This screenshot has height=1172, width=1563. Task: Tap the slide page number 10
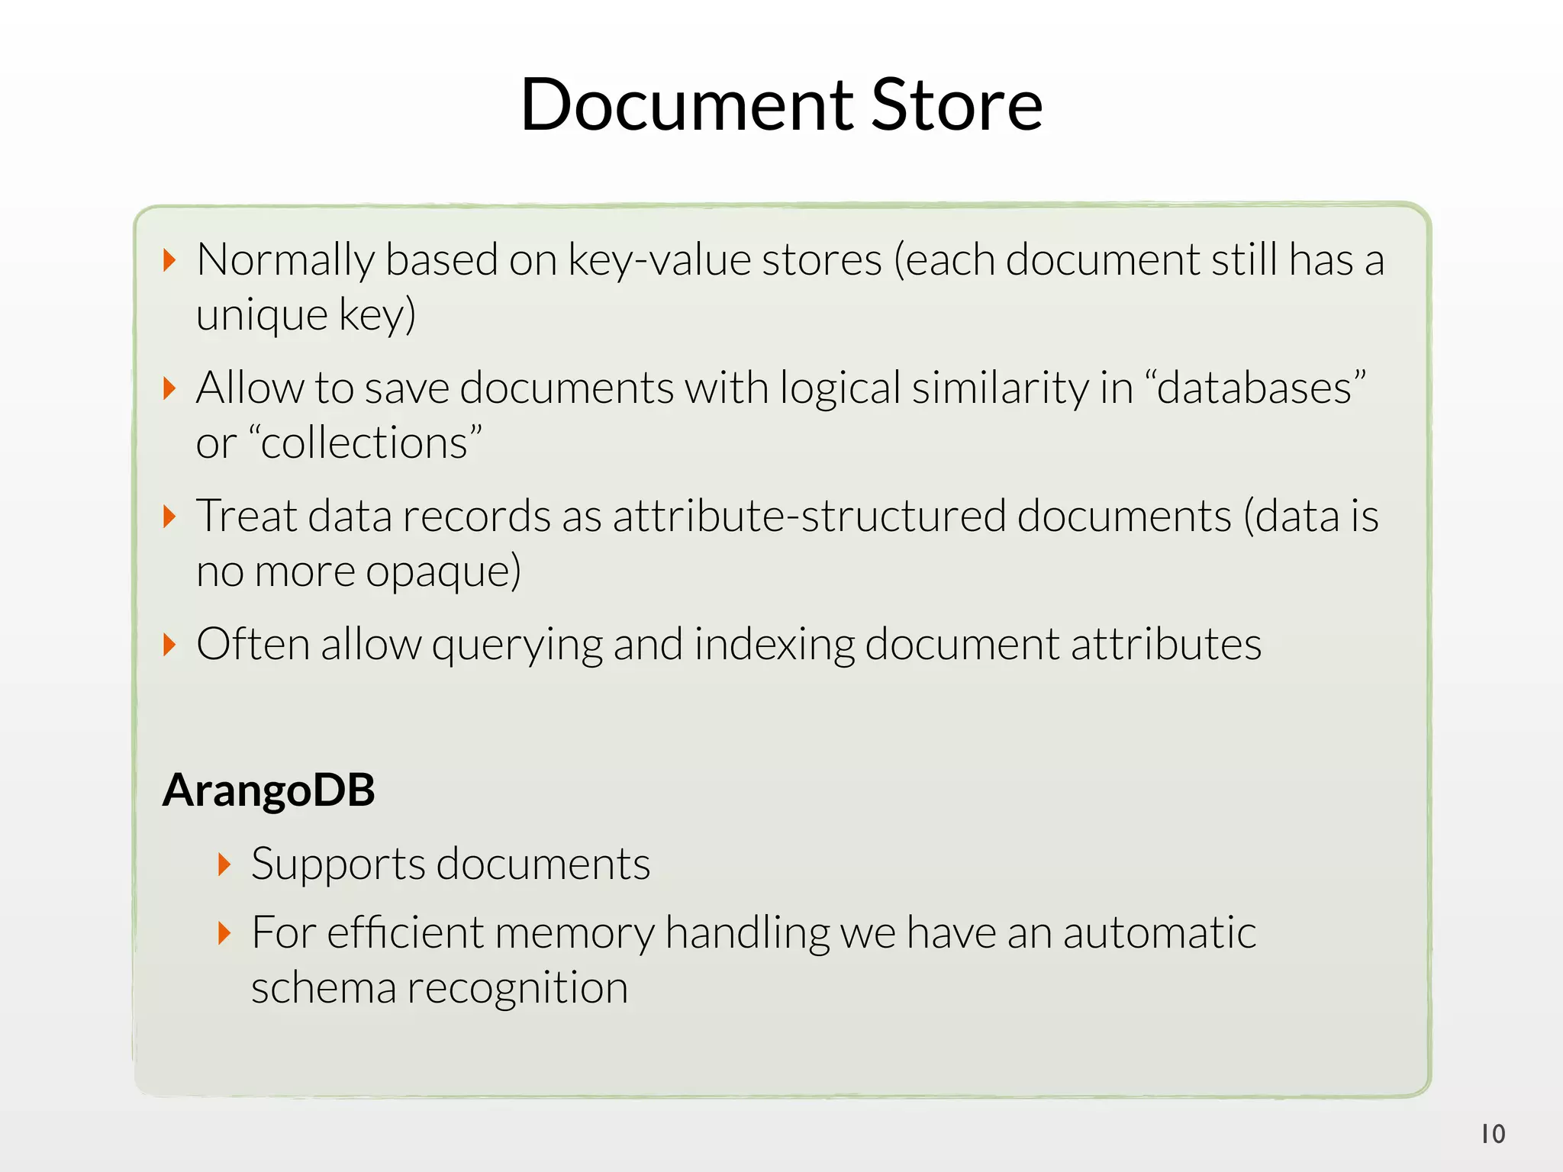point(1493,1134)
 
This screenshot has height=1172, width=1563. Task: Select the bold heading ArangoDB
point(269,790)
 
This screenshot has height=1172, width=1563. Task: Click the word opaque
point(443,572)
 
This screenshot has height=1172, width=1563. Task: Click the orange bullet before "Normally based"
point(170,260)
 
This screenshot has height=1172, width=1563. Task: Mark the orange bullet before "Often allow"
point(170,645)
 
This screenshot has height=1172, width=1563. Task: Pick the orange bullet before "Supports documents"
point(224,865)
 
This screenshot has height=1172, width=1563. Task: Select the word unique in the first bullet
point(261,315)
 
